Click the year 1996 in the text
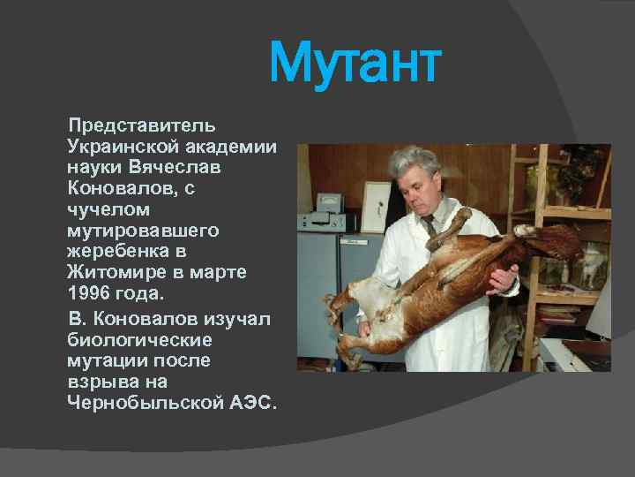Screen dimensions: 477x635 pos(90,293)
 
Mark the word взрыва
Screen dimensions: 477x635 pos(98,381)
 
